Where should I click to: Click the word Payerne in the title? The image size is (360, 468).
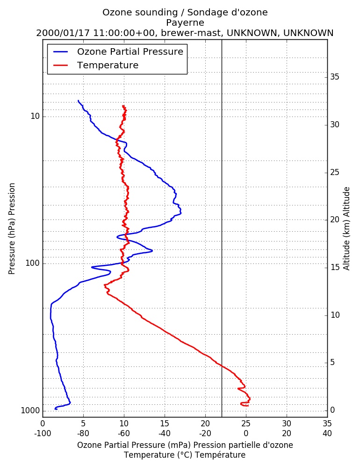tap(185, 22)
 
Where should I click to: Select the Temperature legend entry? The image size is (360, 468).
tap(96, 65)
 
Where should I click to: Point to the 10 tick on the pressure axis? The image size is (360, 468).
tap(35, 116)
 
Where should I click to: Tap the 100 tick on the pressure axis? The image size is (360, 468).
tap(33, 263)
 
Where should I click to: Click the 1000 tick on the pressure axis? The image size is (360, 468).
tap(30, 411)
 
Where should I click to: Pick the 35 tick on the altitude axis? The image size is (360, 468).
tap(335, 77)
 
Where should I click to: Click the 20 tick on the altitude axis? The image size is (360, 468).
tap(335, 219)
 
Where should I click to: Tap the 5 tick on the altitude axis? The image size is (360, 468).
tap(332, 362)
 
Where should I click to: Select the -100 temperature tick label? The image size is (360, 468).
tap(43, 433)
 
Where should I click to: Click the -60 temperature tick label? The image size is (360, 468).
tap(124, 433)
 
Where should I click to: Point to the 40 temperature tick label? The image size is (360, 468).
tap(327, 433)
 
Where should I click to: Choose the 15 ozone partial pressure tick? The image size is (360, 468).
tap(165, 424)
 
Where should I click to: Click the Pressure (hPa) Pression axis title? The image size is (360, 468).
tap(12, 229)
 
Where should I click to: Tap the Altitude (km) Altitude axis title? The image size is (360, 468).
tap(346, 229)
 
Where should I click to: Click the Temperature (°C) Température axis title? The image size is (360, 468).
tap(185, 455)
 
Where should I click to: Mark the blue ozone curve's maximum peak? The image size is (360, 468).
tap(181, 212)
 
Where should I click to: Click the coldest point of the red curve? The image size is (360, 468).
tap(104, 285)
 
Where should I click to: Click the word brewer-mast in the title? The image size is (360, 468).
tap(191, 33)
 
